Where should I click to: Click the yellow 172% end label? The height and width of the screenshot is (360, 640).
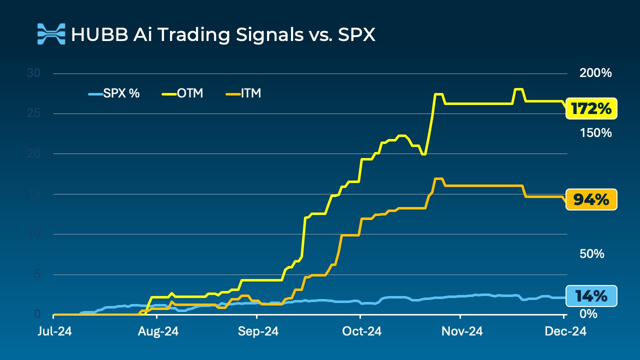pyautogui.click(x=591, y=108)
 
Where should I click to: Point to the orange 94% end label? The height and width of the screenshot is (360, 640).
pyautogui.click(x=591, y=200)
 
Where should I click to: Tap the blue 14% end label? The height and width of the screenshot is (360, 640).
pyautogui.click(x=591, y=296)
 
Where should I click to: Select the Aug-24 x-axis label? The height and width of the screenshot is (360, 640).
pyautogui.click(x=157, y=331)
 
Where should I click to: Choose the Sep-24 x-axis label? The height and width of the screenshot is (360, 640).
pyautogui.click(x=257, y=331)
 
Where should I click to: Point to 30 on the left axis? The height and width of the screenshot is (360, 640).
pyautogui.click(x=32, y=73)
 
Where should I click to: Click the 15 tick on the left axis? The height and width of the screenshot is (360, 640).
pyautogui.click(x=32, y=193)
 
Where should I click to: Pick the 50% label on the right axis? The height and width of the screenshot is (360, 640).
pyautogui.click(x=592, y=254)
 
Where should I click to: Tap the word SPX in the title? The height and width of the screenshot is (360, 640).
pyautogui.click(x=355, y=35)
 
